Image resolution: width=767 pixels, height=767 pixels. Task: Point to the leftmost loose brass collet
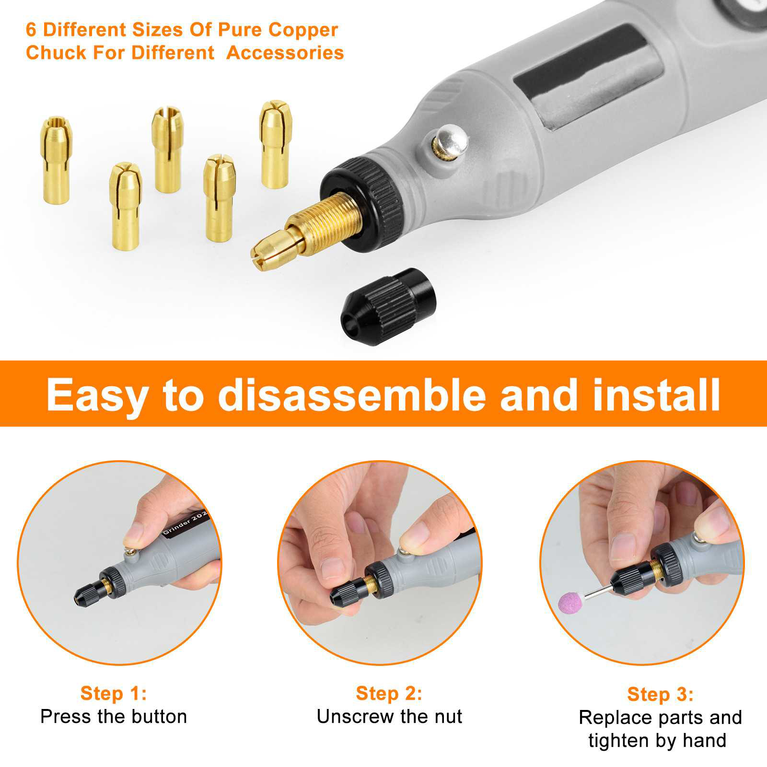56,160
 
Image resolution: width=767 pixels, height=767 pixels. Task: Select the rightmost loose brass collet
275,144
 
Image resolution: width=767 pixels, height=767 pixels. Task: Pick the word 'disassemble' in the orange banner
352,394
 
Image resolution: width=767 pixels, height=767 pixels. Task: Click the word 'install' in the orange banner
656,394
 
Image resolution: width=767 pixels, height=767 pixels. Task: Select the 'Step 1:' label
114,693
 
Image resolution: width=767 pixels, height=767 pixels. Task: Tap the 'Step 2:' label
389,693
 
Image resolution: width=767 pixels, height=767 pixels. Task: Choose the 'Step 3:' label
660,694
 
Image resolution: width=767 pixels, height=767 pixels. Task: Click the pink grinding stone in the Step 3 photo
570,602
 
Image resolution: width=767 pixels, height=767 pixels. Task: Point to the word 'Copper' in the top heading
303,30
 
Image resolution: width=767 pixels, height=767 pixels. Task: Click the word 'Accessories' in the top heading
285,52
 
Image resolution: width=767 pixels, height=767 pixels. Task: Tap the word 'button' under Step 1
159,717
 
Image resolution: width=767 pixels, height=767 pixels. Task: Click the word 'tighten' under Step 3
619,741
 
